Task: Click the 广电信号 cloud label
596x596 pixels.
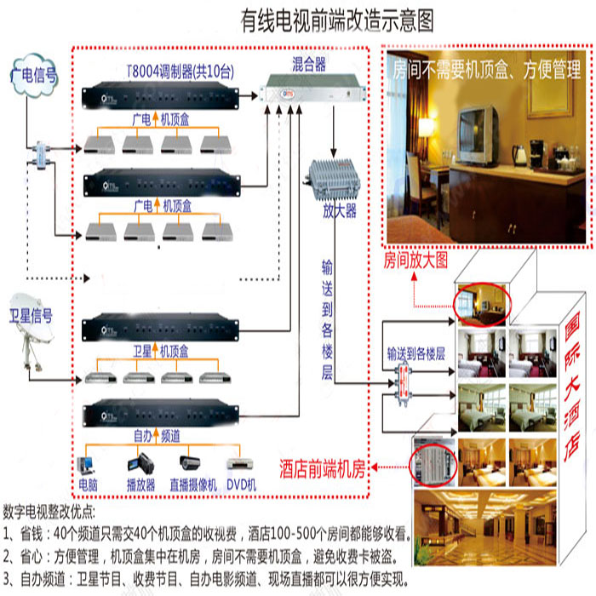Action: [35, 76]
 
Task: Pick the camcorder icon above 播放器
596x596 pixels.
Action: [139, 465]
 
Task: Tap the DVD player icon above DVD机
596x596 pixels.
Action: [242, 466]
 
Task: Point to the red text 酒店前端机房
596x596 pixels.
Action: [324, 467]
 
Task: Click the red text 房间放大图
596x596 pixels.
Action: [415, 259]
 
